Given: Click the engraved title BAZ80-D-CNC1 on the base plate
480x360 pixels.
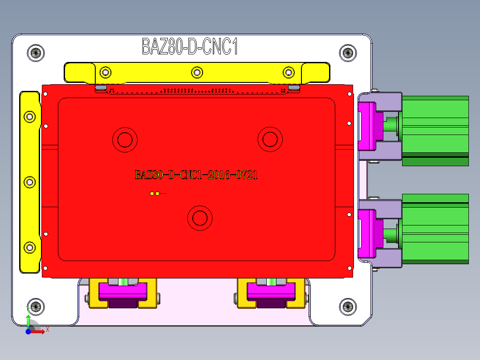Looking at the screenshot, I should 190,46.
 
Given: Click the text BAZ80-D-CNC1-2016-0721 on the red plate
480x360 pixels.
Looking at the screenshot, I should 196,175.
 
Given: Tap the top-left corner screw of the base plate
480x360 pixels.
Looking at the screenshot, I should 36,53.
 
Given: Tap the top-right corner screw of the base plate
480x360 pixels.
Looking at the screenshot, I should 348,53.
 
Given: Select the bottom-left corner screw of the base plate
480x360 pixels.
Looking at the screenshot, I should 36,307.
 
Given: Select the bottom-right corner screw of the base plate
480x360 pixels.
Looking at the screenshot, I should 348,307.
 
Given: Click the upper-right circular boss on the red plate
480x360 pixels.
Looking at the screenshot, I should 270,139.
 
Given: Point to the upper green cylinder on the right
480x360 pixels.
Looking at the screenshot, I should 435,131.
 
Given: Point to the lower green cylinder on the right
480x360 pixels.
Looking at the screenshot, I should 435,229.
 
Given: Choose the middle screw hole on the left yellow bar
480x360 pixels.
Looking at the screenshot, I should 29,182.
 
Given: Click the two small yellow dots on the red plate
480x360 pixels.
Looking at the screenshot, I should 155,193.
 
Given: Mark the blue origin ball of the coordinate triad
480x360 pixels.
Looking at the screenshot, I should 28,331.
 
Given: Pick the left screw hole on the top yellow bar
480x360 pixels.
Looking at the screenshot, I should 105,72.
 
